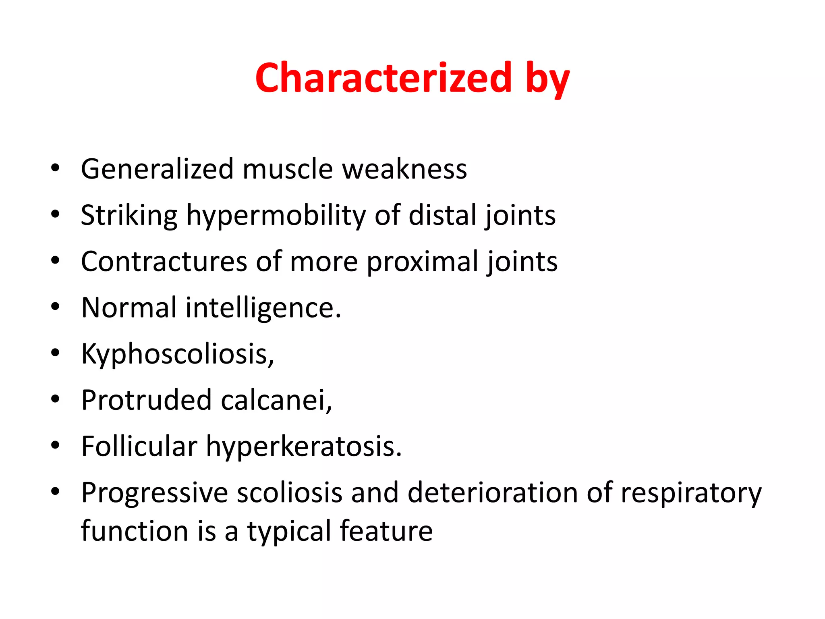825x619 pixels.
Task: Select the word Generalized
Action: click(x=157, y=169)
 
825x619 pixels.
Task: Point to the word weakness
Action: click(x=404, y=169)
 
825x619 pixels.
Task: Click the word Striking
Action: click(x=129, y=215)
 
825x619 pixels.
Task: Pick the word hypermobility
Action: click(x=276, y=215)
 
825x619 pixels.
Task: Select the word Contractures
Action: click(x=164, y=262)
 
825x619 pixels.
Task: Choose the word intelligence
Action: click(x=263, y=308)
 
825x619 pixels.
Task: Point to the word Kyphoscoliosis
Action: click(x=177, y=354)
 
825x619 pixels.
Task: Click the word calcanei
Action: click(x=276, y=401)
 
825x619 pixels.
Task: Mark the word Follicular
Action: click(x=139, y=447)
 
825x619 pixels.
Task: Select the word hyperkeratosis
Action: click(x=304, y=447)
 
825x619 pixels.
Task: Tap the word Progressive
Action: click(x=154, y=493)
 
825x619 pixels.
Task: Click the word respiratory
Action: click(x=691, y=493)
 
